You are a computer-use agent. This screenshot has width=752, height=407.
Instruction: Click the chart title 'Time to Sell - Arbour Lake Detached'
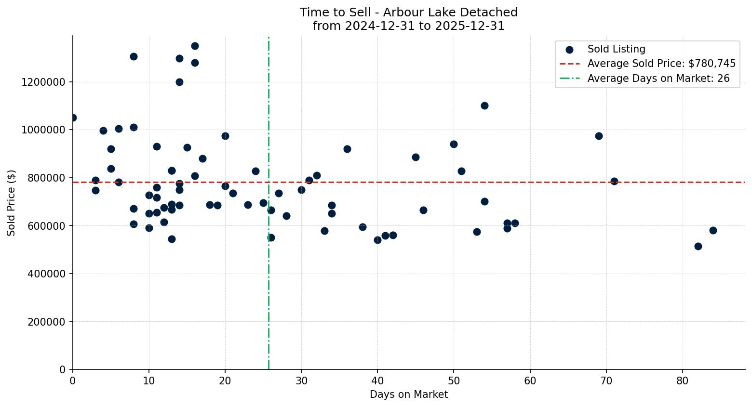[x=408, y=13]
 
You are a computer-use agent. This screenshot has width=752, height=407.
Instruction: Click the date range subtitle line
[x=408, y=26]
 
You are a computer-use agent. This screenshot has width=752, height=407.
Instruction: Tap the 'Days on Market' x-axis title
[x=408, y=394]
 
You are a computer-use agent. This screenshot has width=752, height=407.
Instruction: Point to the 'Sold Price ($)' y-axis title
[x=12, y=203]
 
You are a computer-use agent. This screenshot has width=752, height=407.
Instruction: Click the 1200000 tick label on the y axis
[x=43, y=82]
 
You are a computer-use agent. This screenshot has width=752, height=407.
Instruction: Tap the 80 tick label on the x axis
[x=682, y=381]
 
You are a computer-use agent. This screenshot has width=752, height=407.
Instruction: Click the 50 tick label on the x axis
[x=454, y=381]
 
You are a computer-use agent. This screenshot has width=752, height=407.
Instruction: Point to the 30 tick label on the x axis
[x=301, y=381]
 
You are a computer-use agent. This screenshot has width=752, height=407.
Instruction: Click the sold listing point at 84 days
[x=713, y=230]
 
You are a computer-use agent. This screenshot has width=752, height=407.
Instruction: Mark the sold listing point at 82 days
[x=698, y=246]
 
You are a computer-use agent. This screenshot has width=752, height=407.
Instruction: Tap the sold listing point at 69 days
[x=599, y=136]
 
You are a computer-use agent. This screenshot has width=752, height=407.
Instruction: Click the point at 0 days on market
[x=73, y=118]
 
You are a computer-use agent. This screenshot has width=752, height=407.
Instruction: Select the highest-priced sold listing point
[x=195, y=46]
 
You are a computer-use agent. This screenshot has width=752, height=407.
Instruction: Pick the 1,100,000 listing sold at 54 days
[x=484, y=105]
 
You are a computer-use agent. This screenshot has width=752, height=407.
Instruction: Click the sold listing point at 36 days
[x=347, y=149]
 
